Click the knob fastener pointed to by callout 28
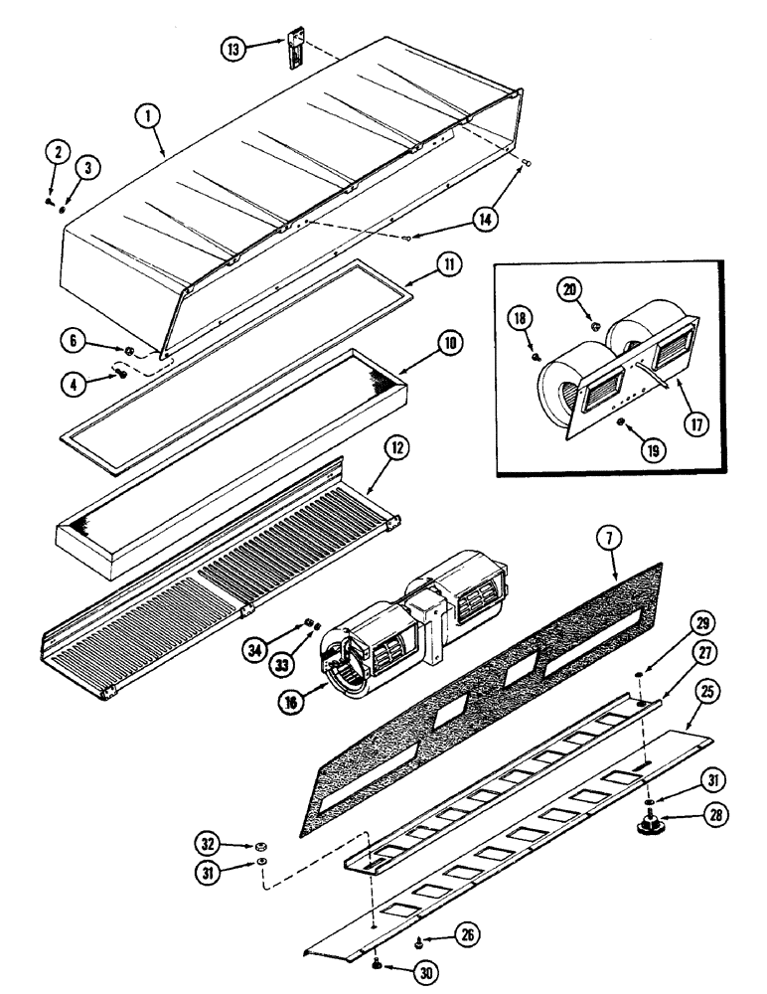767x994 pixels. (655, 824)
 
